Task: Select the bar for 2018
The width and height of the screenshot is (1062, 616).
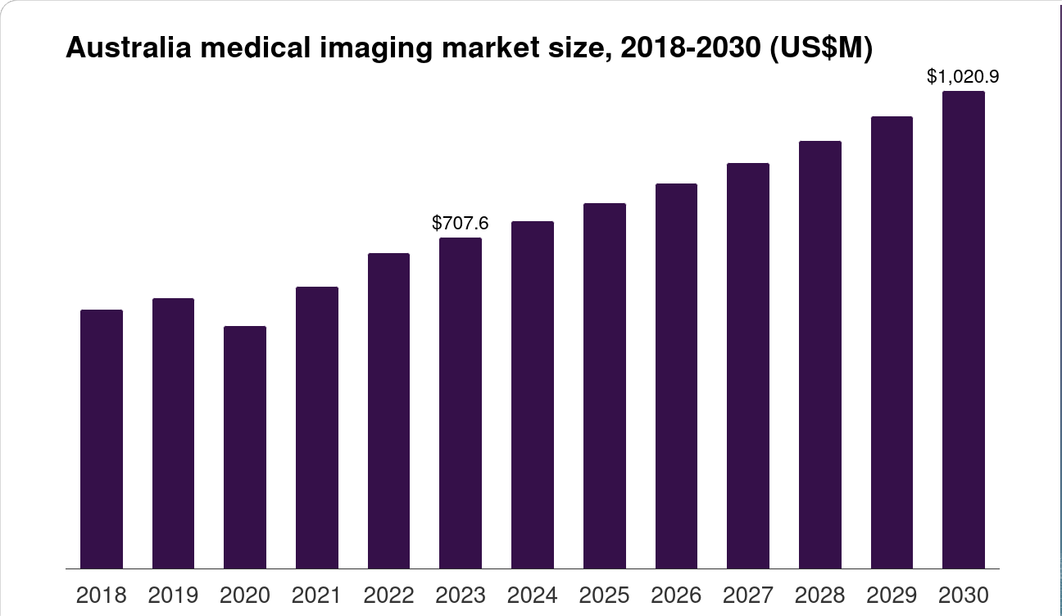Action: tap(102, 439)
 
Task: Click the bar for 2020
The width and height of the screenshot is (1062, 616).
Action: tap(245, 447)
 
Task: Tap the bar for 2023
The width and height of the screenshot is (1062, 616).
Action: tap(461, 403)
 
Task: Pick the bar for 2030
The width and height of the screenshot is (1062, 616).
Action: tap(964, 330)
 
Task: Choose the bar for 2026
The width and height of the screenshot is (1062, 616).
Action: tap(676, 376)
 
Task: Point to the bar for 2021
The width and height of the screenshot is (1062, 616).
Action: tap(317, 428)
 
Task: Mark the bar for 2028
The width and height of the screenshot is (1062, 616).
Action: tap(820, 355)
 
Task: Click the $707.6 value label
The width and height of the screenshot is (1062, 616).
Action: tap(461, 223)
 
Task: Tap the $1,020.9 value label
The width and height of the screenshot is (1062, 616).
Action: tap(963, 76)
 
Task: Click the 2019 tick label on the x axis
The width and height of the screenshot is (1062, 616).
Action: tap(173, 596)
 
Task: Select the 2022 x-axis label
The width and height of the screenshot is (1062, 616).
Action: tap(388, 596)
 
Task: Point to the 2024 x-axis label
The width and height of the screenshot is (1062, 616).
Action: tap(533, 596)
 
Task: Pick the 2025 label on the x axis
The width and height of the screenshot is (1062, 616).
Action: tap(605, 596)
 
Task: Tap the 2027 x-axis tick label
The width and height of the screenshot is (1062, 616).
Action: tap(748, 596)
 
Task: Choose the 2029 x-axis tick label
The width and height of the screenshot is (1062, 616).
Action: tap(892, 596)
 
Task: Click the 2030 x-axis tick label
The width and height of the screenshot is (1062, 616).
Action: tap(964, 596)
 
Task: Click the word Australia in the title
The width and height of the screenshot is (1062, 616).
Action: tap(129, 48)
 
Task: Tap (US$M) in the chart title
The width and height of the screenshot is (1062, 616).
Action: tap(821, 49)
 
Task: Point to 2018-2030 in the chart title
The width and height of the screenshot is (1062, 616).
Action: tap(690, 48)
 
